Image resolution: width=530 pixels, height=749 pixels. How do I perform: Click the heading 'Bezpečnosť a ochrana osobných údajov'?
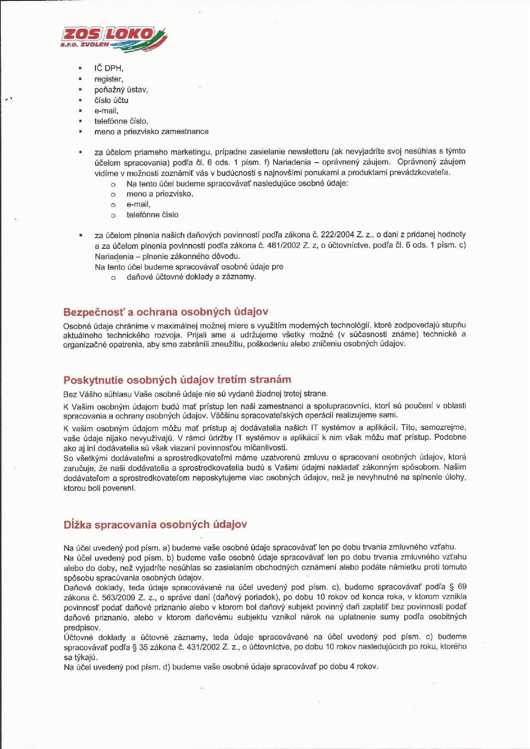click(166, 312)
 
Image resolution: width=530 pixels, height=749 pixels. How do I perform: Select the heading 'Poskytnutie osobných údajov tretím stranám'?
click(177, 380)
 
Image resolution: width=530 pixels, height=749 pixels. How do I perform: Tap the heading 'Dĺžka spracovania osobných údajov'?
click(155, 525)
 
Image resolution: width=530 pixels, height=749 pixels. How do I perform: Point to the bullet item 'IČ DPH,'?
click(109, 68)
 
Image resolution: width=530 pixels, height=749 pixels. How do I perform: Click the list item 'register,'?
click(109, 79)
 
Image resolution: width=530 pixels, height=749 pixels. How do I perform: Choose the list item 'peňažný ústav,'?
click(121, 90)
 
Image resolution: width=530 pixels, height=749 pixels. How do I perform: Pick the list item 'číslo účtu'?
click(111, 100)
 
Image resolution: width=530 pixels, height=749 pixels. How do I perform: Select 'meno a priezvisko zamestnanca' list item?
click(151, 131)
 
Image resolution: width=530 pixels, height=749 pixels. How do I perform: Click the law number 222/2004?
click(337, 235)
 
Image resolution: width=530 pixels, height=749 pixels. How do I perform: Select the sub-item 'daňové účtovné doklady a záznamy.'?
click(191, 277)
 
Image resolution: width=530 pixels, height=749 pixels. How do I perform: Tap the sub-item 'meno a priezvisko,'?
click(160, 194)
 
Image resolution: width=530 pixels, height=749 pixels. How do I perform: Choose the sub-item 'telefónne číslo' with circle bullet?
click(152, 215)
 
